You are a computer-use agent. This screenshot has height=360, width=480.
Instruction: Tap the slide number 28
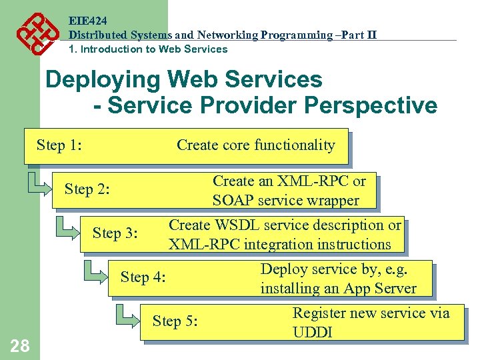(20, 345)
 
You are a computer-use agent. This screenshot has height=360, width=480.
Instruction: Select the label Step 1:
(59, 145)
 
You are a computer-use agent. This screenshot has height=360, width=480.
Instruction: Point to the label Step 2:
(87, 189)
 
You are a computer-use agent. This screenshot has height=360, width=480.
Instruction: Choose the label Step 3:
(115, 233)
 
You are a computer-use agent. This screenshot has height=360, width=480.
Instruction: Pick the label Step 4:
(143, 277)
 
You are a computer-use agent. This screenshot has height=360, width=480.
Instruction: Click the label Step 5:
(175, 321)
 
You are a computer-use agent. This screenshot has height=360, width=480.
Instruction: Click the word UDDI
(313, 332)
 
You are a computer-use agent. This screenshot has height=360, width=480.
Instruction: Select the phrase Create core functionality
(255, 145)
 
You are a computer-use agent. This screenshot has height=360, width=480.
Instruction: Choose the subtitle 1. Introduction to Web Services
(148, 49)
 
